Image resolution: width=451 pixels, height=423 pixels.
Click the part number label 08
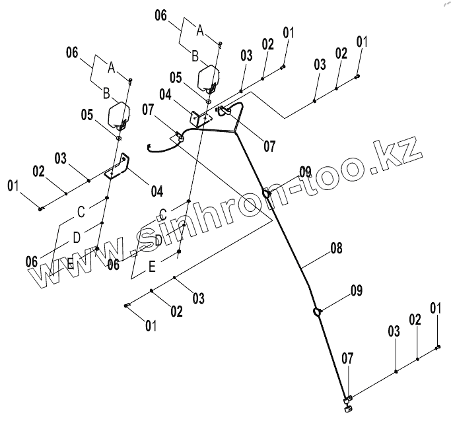[336, 249]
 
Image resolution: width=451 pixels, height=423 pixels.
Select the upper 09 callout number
[304, 172]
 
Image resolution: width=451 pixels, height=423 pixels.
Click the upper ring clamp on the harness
[266, 193]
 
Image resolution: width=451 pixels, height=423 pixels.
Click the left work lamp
[120, 114]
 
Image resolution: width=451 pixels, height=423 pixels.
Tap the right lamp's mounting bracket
[200, 119]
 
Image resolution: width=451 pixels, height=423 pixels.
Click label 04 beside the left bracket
[156, 192]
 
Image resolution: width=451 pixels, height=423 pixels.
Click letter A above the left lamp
[111, 67]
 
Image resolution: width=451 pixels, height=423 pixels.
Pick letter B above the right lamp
[195, 57]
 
